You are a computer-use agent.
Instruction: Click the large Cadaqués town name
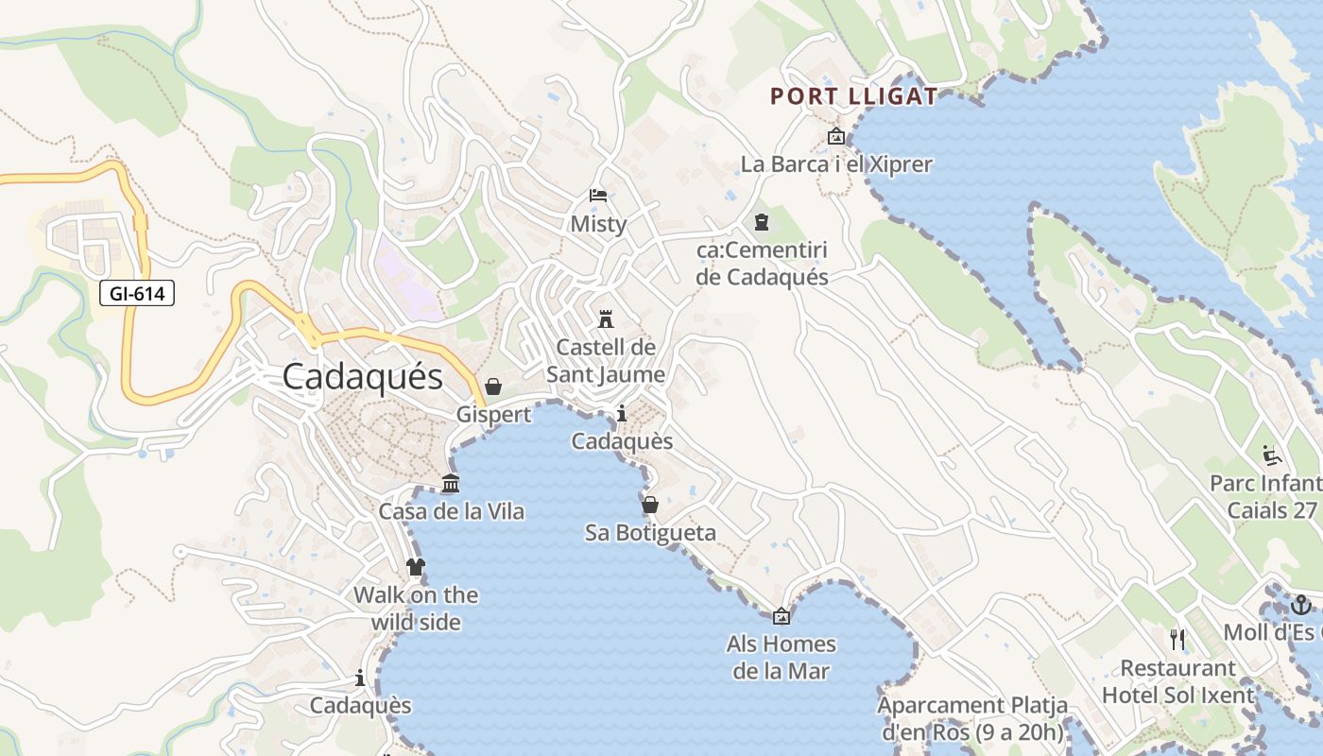coord(363,377)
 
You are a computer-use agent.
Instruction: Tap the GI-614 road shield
coord(137,293)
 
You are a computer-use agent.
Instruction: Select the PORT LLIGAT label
coord(853,96)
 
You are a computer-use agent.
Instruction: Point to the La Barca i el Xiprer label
coord(836,164)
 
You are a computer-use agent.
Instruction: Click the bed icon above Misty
coord(598,196)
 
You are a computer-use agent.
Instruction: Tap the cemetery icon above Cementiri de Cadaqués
coord(762,223)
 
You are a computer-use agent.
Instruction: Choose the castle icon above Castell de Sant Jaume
coord(606,318)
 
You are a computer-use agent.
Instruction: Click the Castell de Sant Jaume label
coord(606,361)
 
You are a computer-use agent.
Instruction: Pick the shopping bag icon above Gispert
coord(492,387)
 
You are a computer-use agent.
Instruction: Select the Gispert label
coord(493,415)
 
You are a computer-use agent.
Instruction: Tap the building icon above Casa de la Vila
coord(451,484)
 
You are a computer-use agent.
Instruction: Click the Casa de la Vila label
coord(452,512)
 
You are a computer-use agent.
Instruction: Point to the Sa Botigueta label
coord(650,533)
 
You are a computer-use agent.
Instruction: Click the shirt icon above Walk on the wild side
coord(415,567)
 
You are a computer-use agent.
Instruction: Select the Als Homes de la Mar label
coord(782,658)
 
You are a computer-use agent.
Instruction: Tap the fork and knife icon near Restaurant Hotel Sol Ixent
coord(1177,640)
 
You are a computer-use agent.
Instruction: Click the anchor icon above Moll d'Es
coord(1301,604)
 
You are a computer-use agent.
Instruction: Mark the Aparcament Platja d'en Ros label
coord(972,718)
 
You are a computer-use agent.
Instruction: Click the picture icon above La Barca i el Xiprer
coord(835,136)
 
